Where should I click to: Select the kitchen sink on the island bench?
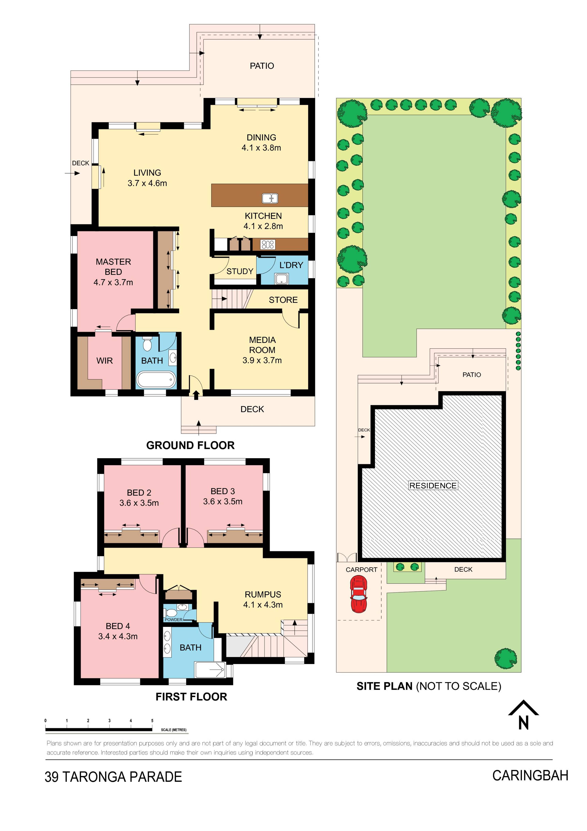(x=270, y=198)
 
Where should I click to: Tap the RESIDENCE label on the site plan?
(x=433, y=485)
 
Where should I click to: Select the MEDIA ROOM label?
(x=262, y=345)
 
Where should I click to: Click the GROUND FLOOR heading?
(x=190, y=445)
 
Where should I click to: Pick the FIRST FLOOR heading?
(x=191, y=697)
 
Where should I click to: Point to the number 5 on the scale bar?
(x=152, y=721)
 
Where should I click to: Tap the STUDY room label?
(x=240, y=271)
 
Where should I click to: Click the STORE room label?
(x=283, y=300)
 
